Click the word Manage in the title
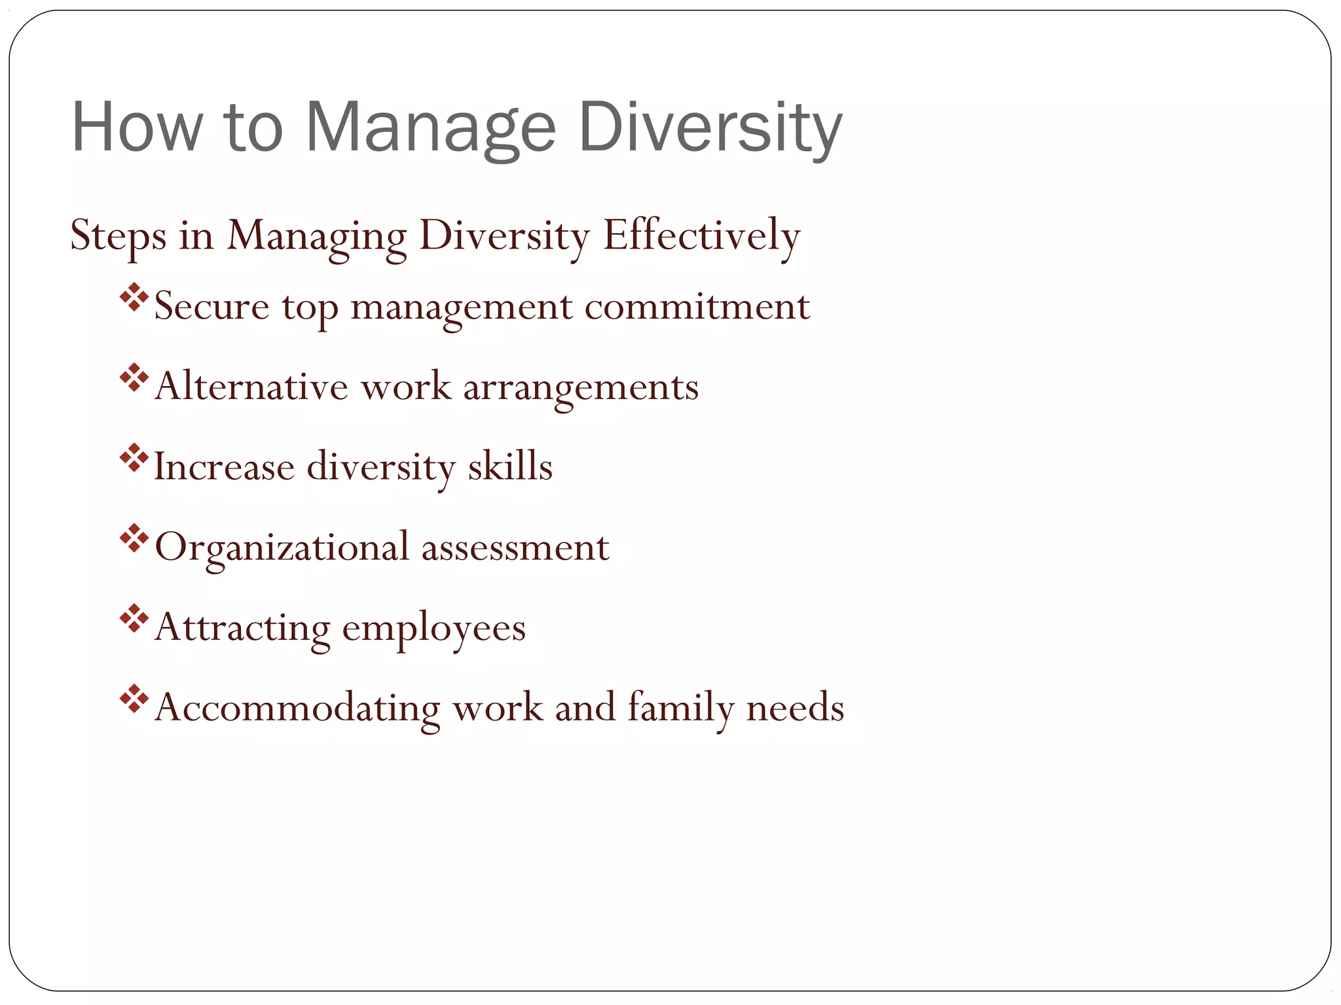coord(430,128)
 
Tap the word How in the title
coord(136,128)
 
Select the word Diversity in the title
coord(710,128)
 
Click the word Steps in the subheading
coord(118,236)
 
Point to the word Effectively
coord(701,236)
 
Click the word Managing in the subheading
coord(316,236)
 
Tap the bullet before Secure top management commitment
coord(134,297)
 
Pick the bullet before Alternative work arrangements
coord(134,378)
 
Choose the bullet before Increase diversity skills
coord(134,458)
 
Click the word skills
coord(510,467)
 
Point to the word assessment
coord(515,548)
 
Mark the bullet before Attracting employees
coord(134,619)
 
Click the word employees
coord(434,628)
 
